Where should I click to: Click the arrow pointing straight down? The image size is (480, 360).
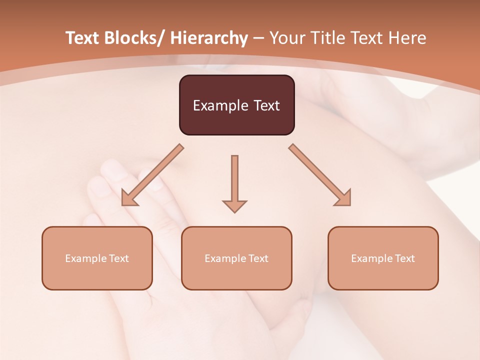(234, 182)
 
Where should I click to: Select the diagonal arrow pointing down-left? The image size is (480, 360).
(152, 175)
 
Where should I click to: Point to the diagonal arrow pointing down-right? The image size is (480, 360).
(320, 175)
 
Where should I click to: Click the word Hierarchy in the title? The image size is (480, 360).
(209, 38)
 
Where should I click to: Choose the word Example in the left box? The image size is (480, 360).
(84, 258)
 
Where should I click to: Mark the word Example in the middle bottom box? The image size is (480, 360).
(224, 258)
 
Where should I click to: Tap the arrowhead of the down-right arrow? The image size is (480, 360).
(343, 198)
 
